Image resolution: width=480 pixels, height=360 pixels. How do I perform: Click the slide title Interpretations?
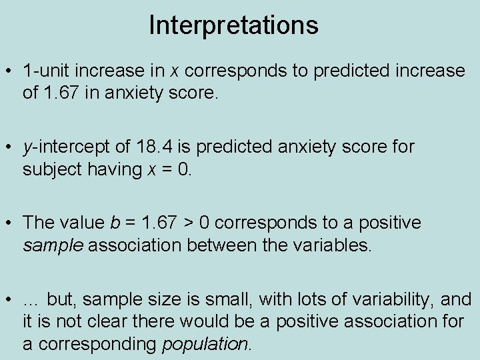[233, 25]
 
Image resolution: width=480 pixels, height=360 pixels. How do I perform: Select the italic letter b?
[110, 223]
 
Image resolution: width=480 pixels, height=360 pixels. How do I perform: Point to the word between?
[219, 245]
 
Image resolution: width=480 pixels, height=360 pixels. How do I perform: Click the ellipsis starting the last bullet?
[31, 300]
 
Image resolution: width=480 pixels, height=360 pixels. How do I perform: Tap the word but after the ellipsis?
[61, 299]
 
